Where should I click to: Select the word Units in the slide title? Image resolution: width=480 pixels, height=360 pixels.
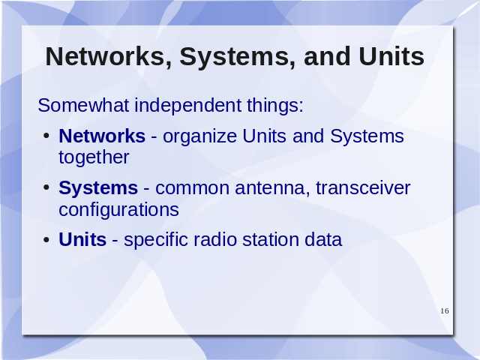point(391,56)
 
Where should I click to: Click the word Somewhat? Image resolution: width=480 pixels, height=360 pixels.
point(83,105)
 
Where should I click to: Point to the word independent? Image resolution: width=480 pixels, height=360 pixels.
point(187,106)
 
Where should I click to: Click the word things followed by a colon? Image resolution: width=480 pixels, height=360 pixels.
point(275,106)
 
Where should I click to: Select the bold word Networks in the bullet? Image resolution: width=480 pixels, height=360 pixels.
point(102,136)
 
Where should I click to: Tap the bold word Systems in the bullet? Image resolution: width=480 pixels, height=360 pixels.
point(98,188)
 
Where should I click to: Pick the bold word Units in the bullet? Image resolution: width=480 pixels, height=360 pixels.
point(82,239)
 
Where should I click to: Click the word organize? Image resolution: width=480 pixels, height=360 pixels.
point(200,136)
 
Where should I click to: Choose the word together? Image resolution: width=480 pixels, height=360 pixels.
point(94,158)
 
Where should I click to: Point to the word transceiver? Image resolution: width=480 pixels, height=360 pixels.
point(363,188)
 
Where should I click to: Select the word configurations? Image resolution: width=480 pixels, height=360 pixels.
point(118,210)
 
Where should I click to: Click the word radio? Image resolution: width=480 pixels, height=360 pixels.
point(215,239)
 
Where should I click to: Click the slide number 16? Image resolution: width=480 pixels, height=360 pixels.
point(445,311)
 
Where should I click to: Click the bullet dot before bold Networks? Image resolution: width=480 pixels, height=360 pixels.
point(46,135)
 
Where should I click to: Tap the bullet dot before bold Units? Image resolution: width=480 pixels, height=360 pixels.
point(46,239)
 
